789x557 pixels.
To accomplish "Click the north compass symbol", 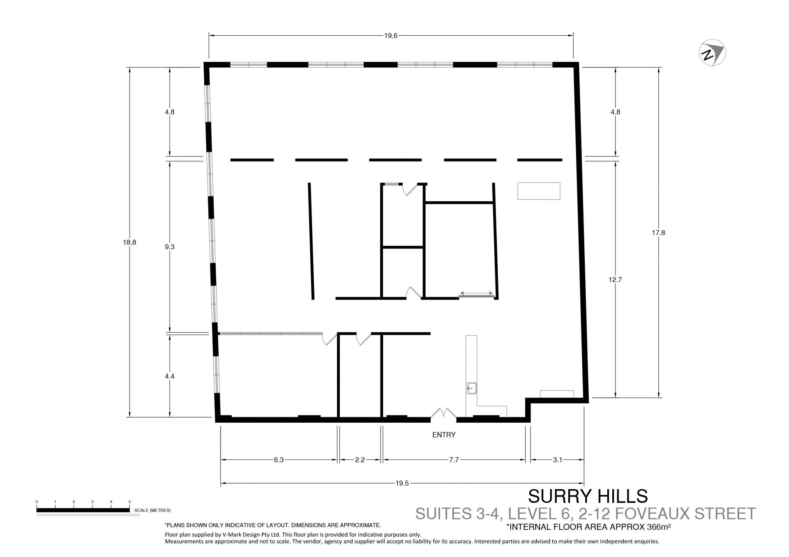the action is click(x=713, y=53).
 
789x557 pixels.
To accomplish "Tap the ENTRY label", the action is click(x=444, y=435).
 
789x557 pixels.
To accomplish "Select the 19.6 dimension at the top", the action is click(x=391, y=35).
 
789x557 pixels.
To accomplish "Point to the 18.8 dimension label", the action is click(x=129, y=242).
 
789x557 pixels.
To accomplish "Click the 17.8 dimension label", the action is click(x=658, y=232).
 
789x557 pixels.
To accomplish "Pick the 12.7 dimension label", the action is click(x=615, y=280).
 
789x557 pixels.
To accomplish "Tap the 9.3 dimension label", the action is click(x=169, y=247).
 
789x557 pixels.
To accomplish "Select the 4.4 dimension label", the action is click(x=169, y=376).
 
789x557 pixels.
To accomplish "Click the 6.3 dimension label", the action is click(x=279, y=460).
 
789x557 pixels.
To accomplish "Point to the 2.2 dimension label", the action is click(x=360, y=460).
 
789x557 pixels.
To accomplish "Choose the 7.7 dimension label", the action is click(x=454, y=460).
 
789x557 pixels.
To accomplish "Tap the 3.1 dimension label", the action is click(x=557, y=460).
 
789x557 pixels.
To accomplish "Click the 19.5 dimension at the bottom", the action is click(x=402, y=483).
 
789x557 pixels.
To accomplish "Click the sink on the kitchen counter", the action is click(x=471, y=387).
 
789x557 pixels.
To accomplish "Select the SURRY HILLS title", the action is click(x=588, y=496).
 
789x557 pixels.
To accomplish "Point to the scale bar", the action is click(x=83, y=510).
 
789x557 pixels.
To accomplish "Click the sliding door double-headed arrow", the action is click(x=477, y=293).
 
